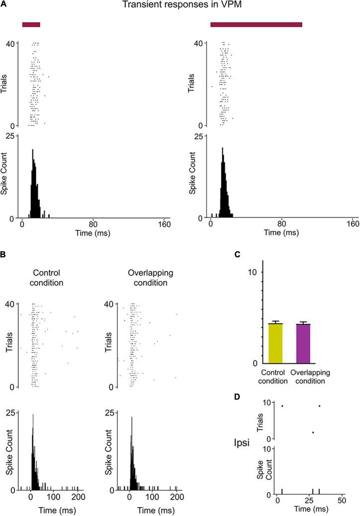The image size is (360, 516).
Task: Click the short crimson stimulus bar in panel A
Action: point(31,24)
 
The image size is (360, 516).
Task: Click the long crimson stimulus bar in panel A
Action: point(256,24)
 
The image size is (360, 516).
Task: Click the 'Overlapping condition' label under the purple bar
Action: point(310,377)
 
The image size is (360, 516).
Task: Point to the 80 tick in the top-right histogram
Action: point(282,224)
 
